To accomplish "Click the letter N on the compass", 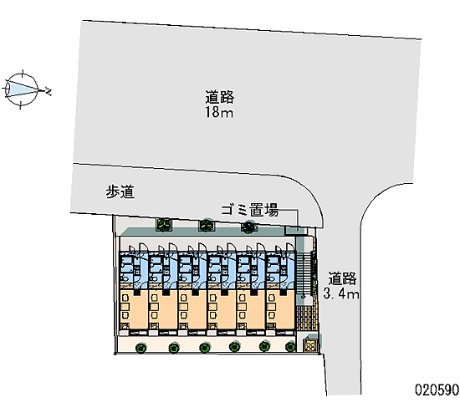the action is (49, 91).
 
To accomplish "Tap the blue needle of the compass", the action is (23, 88).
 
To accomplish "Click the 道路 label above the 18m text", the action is (219, 97).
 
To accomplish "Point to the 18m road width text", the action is (219, 112).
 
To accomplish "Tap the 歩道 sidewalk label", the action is (120, 192).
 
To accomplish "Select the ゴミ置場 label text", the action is (250, 210).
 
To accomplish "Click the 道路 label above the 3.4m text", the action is (342, 278).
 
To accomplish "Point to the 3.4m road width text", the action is (341, 293).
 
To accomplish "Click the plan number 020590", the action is (437, 390).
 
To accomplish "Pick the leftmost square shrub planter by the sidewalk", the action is (164, 224).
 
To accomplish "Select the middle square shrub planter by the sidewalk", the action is (207, 225).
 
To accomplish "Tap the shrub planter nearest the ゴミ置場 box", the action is (248, 227).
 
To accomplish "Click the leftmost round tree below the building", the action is (141, 348).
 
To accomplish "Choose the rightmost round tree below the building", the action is (290, 347).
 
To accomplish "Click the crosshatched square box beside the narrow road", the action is (310, 345).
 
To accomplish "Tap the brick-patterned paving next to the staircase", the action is (307, 319).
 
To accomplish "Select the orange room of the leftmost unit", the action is (134, 310).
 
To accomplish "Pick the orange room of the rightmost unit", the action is (280, 310).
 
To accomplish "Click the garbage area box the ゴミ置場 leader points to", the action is (295, 231).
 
